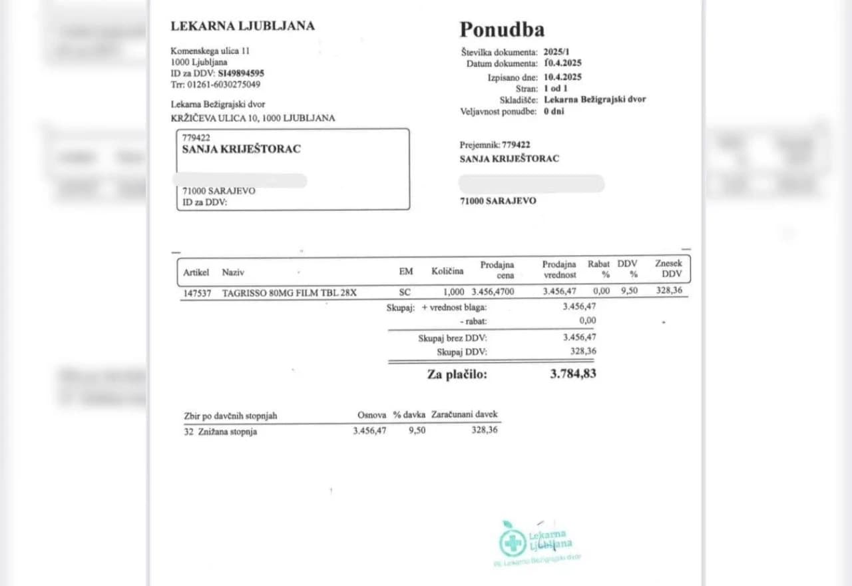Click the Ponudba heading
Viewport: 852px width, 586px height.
pyautogui.click(x=502, y=30)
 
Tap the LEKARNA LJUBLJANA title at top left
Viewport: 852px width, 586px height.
pyautogui.click(x=242, y=26)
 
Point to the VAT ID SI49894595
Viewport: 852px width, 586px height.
pyautogui.click(x=241, y=73)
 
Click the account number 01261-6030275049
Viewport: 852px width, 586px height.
pyautogui.click(x=224, y=85)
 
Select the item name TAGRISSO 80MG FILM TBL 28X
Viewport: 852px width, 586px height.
pyautogui.click(x=289, y=292)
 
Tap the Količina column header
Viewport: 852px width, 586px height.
pyautogui.click(x=447, y=272)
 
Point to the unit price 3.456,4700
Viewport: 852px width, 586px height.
pyautogui.click(x=493, y=292)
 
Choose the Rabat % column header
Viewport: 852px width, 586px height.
pyautogui.click(x=599, y=269)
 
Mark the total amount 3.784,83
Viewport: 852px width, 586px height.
pyautogui.click(x=573, y=374)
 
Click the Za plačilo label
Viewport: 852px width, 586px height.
pyautogui.click(x=457, y=374)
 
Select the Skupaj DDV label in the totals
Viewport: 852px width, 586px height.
pyautogui.click(x=461, y=352)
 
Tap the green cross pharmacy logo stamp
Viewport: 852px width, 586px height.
pyautogui.click(x=513, y=543)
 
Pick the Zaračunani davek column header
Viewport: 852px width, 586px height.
pyautogui.click(x=464, y=415)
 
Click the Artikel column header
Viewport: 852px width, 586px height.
pyautogui.click(x=196, y=272)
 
